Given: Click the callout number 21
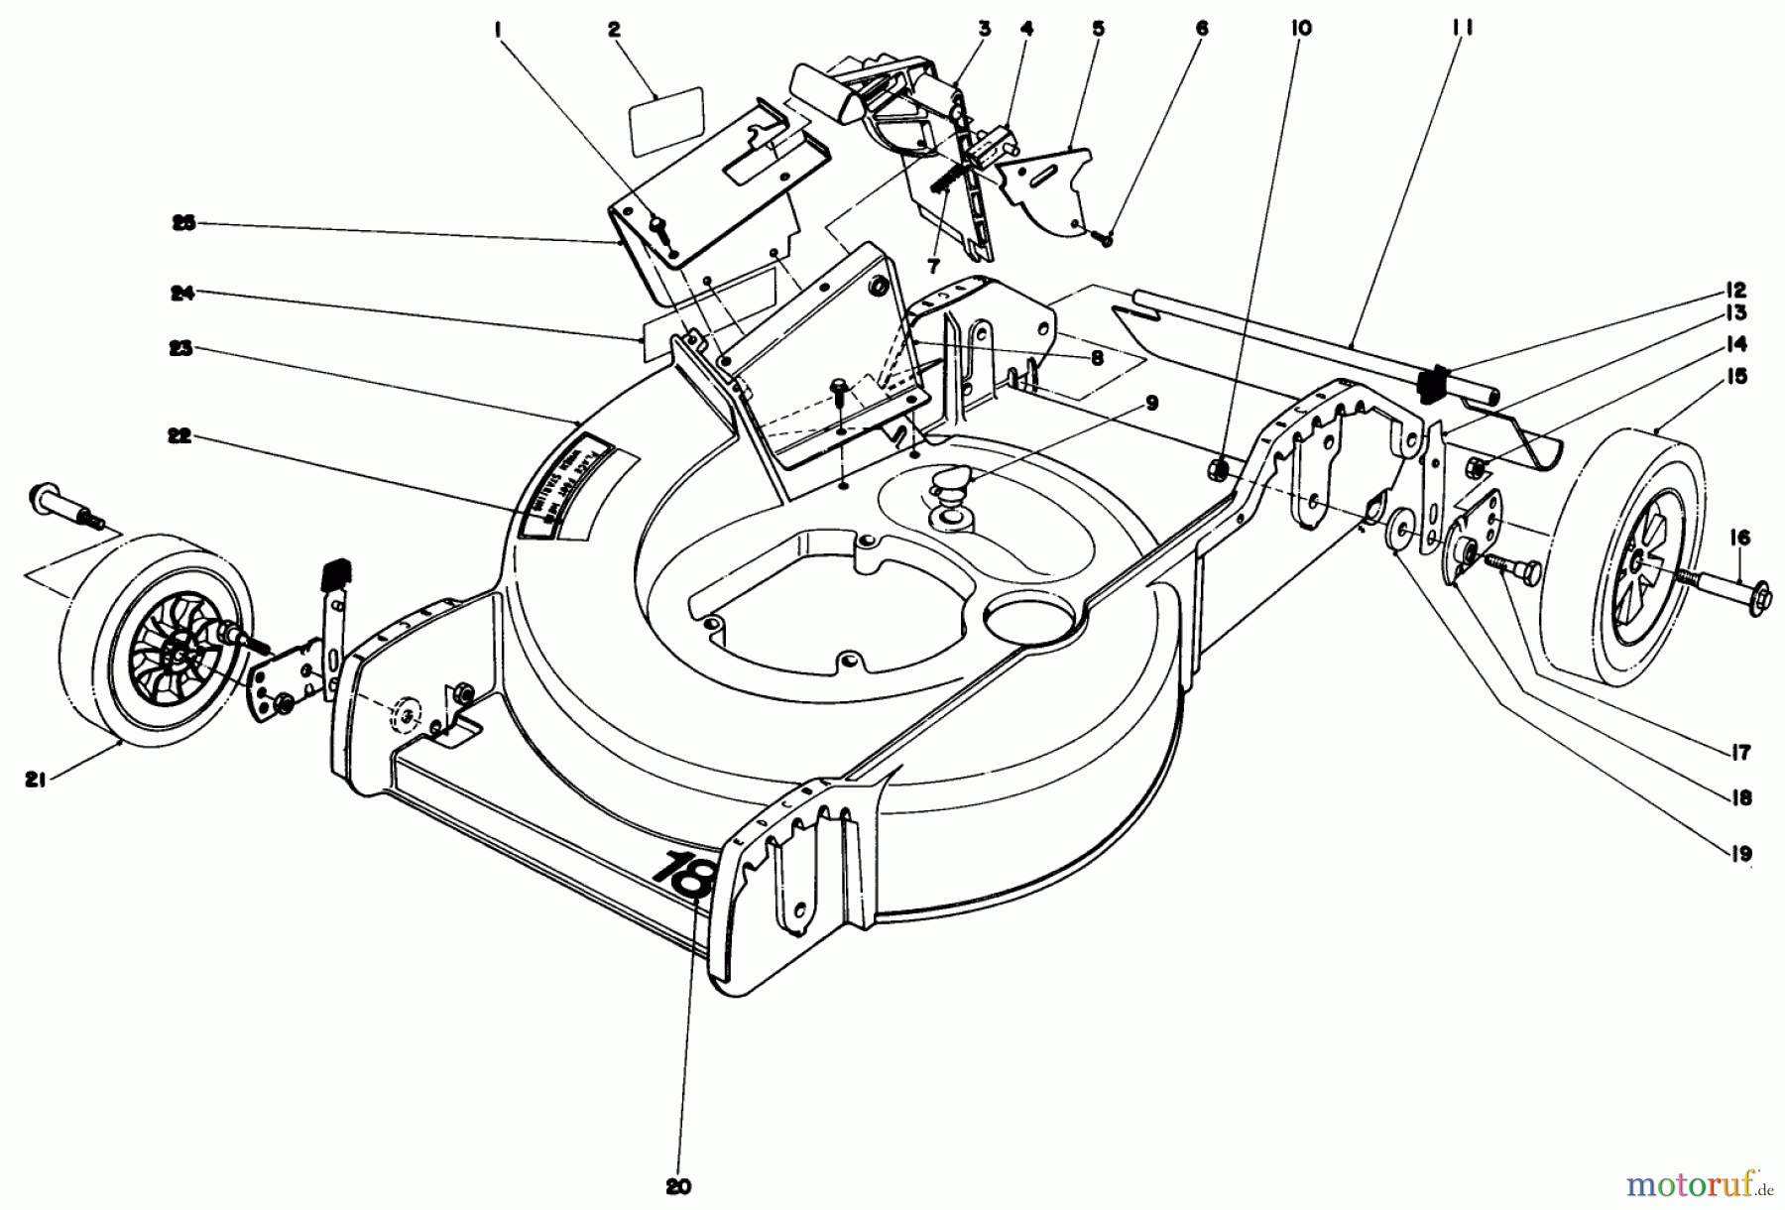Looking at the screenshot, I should [35, 781].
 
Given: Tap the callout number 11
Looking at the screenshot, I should [1462, 28].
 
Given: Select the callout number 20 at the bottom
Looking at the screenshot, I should [678, 1186].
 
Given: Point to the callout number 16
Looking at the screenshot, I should [1740, 538].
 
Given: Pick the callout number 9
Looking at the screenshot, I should [1151, 403].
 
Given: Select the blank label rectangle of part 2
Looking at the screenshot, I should [665, 119].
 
